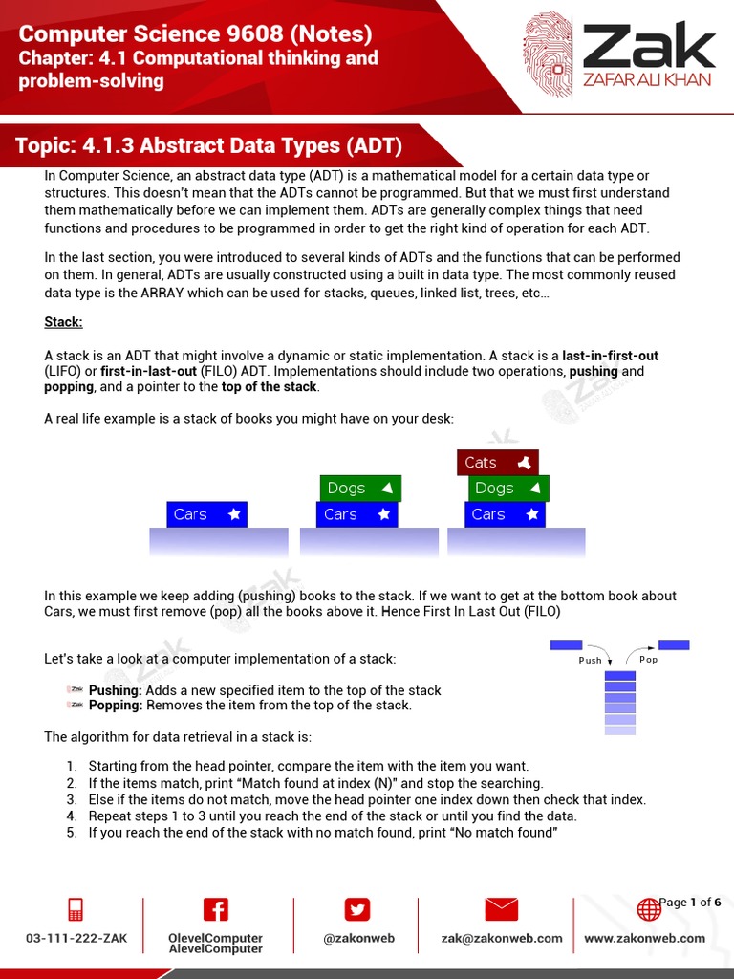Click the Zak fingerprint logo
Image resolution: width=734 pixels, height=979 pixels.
point(549,54)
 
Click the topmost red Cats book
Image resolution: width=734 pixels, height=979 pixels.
point(497,463)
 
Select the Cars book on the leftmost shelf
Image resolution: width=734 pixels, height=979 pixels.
point(206,514)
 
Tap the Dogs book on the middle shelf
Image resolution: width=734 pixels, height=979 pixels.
point(359,489)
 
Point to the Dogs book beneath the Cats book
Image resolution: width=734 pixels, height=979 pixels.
point(508,489)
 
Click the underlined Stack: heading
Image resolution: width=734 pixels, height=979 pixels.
point(63,322)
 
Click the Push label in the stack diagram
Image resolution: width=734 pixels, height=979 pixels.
point(591,660)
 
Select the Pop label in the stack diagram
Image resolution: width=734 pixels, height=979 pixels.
point(648,660)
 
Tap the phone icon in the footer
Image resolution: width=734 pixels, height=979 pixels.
point(76,909)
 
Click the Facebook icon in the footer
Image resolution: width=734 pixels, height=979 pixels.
point(216,909)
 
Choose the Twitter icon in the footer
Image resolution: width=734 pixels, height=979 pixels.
point(357,909)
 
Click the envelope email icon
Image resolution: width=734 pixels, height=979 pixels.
point(502,909)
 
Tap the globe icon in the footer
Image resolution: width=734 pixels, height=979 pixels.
point(648,910)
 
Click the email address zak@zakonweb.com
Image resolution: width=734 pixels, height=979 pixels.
point(502,938)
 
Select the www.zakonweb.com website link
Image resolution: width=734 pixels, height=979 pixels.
point(644,938)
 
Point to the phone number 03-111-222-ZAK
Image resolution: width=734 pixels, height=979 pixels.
point(76,938)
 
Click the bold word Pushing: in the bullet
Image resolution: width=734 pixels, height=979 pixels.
point(116,690)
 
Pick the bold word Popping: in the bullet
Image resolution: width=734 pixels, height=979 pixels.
point(117,706)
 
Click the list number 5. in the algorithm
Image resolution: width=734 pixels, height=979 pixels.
point(72,833)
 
